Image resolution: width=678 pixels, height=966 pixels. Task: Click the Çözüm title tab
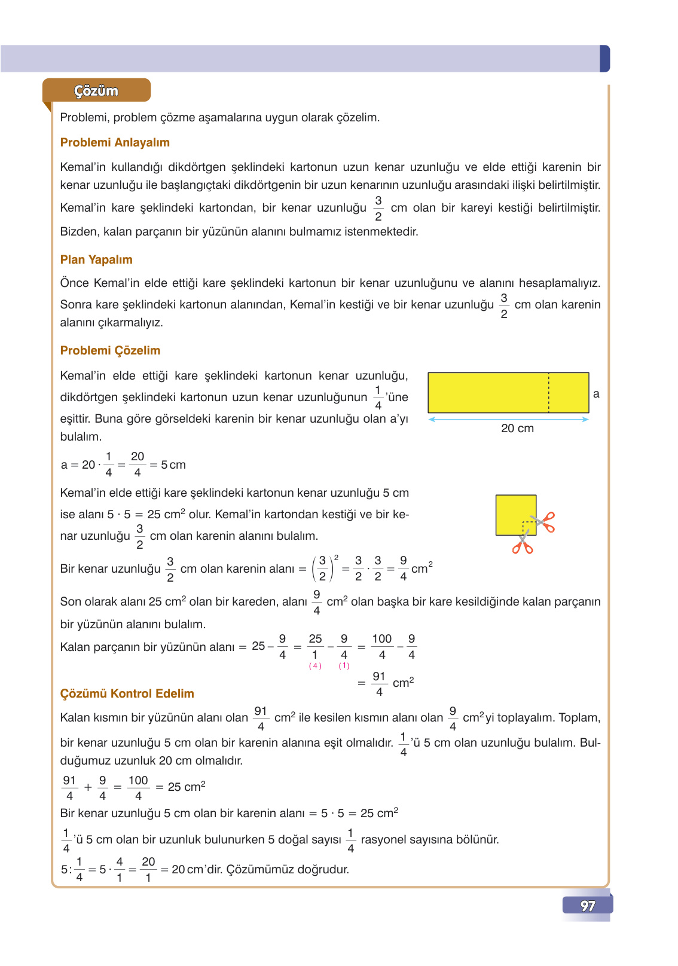click(x=96, y=91)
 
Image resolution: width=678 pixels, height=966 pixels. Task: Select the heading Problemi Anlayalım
click(x=115, y=142)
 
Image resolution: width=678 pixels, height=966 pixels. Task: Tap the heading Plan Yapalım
click(x=96, y=259)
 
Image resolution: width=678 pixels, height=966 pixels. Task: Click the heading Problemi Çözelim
click(x=110, y=350)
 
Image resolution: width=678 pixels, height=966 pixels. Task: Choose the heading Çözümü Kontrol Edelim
click(x=127, y=693)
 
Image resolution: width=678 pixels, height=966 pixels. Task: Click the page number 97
click(x=588, y=906)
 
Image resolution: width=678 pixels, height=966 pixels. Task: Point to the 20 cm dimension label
click(x=517, y=428)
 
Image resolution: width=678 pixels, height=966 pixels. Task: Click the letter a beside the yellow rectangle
click(x=595, y=394)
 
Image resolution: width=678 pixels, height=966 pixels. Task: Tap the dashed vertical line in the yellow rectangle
click(x=548, y=393)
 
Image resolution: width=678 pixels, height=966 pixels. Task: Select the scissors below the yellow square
click(x=522, y=544)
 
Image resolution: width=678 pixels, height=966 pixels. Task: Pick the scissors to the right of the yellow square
click(x=544, y=522)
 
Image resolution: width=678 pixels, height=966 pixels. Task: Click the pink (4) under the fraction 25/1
click(x=315, y=666)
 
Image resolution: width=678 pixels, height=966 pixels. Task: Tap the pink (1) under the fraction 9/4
click(x=344, y=666)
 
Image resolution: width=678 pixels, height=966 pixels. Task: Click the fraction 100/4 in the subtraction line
click(x=381, y=647)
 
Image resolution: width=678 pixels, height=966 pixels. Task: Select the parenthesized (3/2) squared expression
click(x=324, y=568)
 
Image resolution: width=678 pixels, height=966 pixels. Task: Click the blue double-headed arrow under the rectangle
click(x=508, y=419)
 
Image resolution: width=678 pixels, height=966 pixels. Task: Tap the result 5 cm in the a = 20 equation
click(x=173, y=464)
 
